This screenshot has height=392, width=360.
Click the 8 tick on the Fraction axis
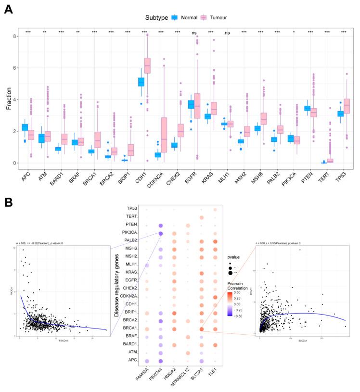15,36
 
